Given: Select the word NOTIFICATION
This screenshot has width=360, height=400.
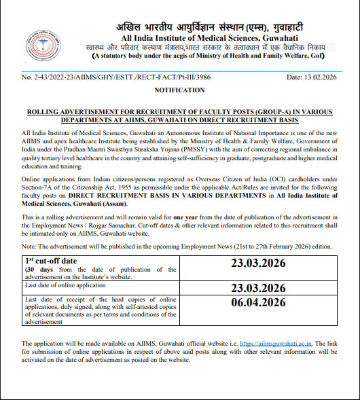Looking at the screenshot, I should [179, 90].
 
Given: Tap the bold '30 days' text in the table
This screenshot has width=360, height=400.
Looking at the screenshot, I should [39, 269].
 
